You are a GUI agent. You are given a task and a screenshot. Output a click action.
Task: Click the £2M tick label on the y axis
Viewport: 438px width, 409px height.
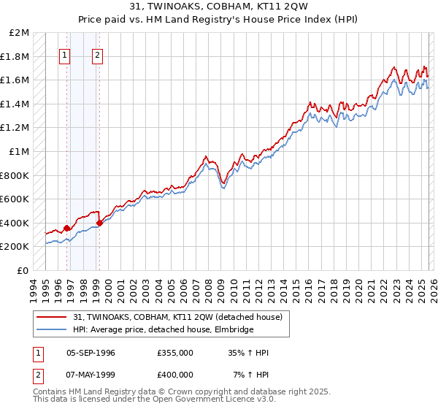(20, 33)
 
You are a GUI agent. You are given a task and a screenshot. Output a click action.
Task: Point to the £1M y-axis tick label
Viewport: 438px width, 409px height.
(20, 152)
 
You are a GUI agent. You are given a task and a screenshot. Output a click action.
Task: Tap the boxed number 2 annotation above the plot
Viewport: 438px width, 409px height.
(97, 56)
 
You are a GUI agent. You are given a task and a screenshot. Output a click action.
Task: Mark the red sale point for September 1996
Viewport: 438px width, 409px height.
(66, 229)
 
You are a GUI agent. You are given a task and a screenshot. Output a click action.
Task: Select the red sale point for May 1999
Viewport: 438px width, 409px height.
(99, 223)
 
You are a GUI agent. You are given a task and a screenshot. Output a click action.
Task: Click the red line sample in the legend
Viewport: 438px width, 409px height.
(51, 316)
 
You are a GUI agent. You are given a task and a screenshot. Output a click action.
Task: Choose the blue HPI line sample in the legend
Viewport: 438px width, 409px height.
(51, 330)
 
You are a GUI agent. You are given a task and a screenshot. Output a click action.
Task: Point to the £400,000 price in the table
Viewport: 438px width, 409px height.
(175, 375)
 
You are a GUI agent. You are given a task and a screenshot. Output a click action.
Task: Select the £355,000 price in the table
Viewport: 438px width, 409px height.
(175, 353)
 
